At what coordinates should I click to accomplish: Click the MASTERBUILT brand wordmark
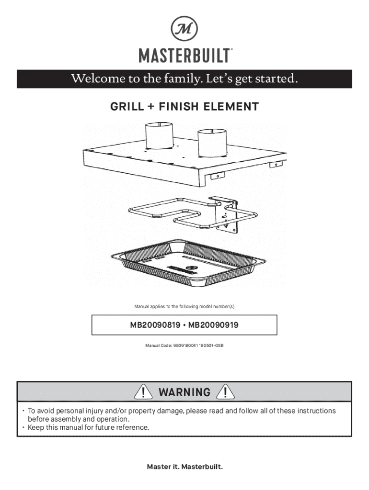[184, 56]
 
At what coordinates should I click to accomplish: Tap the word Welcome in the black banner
[93, 78]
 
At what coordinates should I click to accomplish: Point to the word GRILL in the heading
[127, 107]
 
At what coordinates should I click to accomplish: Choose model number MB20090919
[213, 325]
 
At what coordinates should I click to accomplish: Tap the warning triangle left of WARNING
[144, 392]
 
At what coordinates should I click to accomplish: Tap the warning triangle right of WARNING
[225, 392]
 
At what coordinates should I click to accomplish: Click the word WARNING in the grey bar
[184, 393]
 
